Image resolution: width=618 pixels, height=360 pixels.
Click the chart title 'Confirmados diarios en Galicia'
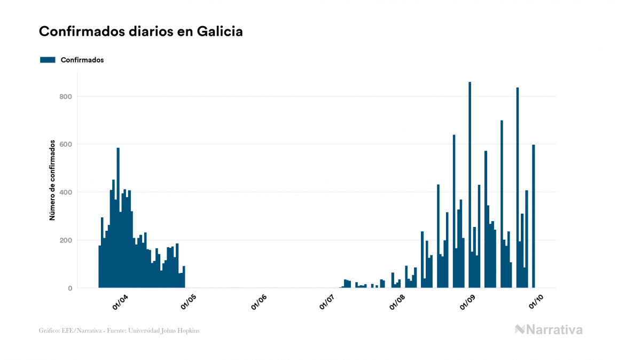click(141, 32)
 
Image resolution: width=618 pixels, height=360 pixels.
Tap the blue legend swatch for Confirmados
click(48, 60)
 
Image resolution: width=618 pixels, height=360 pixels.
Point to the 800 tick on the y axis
click(65, 97)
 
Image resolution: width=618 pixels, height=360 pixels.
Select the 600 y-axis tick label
click(65, 144)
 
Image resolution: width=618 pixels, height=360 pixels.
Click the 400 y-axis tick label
click(65, 192)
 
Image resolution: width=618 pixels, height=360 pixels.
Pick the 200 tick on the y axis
click(65, 240)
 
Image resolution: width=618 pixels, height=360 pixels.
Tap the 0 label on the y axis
click(69, 288)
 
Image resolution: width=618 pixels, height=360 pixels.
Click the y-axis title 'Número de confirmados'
click(52, 181)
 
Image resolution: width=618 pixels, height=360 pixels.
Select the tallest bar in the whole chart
click(470, 187)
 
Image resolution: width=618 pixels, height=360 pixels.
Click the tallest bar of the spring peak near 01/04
click(118, 219)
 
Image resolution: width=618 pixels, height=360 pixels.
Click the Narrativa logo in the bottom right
click(549, 330)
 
